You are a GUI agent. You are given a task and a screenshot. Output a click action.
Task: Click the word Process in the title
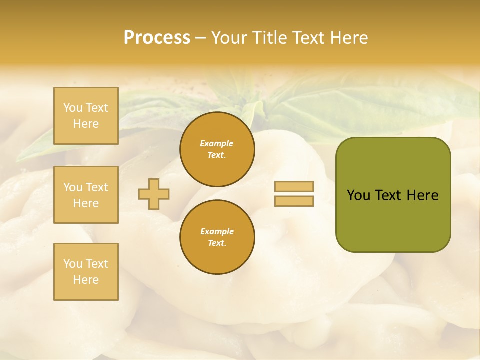click(x=157, y=38)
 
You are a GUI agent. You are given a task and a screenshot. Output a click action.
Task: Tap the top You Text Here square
click(x=86, y=116)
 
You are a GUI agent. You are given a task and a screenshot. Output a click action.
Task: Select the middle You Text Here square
click(x=86, y=195)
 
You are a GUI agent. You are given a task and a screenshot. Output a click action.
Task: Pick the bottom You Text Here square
click(x=86, y=271)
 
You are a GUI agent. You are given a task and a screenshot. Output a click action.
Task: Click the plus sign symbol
click(x=154, y=194)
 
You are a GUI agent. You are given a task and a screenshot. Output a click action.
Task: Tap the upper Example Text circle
click(x=217, y=149)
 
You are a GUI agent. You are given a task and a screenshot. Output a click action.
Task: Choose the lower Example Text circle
click(x=217, y=237)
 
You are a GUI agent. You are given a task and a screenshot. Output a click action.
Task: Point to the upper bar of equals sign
click(x=294, y=187)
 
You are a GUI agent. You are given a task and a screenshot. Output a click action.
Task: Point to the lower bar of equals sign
click(x=294, y=201)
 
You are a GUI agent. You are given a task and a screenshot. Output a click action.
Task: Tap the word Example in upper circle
click(x=217, y=143)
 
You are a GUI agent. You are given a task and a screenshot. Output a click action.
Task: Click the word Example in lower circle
click(x=217, y=231)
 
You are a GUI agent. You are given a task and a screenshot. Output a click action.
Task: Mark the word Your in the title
click(x=228, y=38)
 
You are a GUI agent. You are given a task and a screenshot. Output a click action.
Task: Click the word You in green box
click(x=359, y=195)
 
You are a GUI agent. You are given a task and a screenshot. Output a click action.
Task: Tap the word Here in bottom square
click(x=86, y=280)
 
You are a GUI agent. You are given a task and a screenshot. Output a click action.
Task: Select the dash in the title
click(x=201, y=38)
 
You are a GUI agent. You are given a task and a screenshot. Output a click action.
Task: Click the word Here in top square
click(x=86, y=124)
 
